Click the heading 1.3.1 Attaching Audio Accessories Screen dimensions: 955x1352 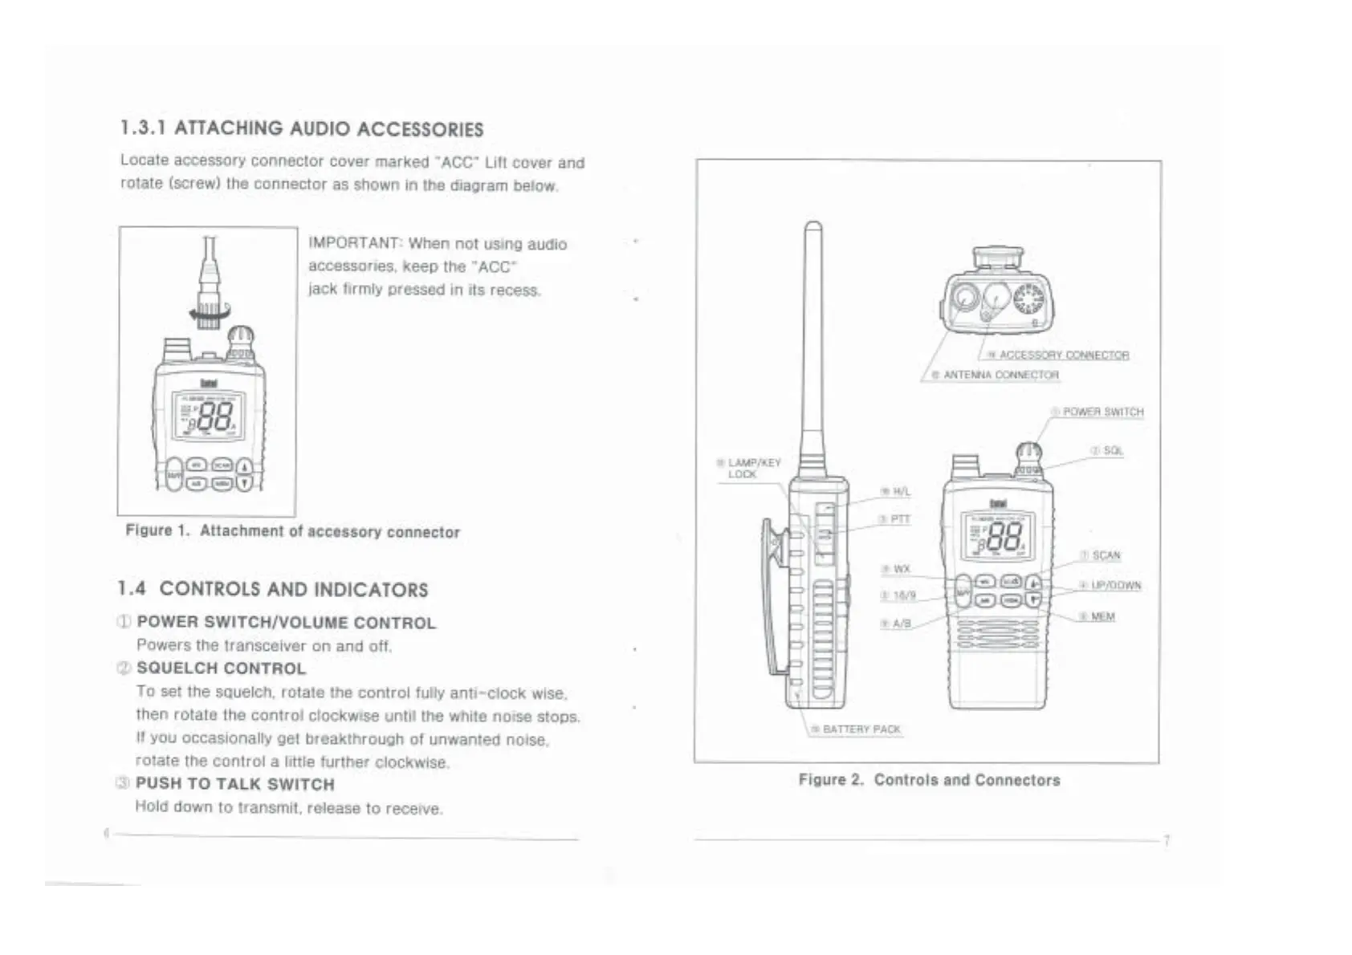point(302,128)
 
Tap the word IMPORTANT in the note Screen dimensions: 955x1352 point(354,242)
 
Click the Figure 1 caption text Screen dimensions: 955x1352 point(292,531)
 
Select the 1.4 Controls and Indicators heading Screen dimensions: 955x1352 point(273,589)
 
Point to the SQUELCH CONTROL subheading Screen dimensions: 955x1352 point(221,668)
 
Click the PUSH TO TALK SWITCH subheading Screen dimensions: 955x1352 point(234,784)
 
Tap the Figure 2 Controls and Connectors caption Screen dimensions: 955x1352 point(929,780)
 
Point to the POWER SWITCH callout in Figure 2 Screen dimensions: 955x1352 point(1102,412)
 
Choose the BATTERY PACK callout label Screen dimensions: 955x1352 point(861,729)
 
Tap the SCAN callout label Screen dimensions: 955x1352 point(1106,555)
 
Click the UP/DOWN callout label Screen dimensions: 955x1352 point(1115,586)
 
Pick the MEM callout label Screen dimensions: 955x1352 point(1102,616)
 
